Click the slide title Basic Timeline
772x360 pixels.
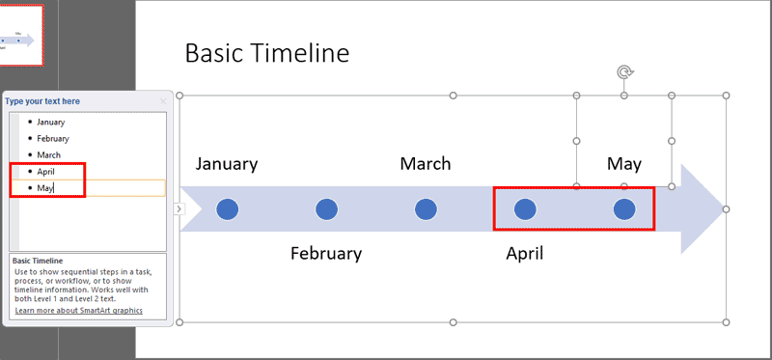(x=266, y=54)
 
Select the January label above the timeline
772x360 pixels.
(x=227, y=163)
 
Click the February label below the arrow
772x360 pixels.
(x=326, y=254)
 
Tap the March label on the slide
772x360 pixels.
(x=426, y=163)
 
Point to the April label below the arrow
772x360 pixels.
(x=525, y=254)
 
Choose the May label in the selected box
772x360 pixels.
(x=624, y=164)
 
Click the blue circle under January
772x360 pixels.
(x=227, y=208)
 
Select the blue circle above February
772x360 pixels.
(x=326, y=208)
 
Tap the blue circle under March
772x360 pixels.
(x=426, y=208)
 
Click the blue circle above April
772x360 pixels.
(x=525, y=208)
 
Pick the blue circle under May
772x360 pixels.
(x=624, y=208)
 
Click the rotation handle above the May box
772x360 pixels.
(x=624, y=72)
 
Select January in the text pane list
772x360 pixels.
(x=51, y=123)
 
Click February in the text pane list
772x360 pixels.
(x=53, y=139)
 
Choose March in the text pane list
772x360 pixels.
(x=49, y=155)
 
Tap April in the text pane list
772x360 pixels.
(x=46, y=172)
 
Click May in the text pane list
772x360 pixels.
(x=45, y=188)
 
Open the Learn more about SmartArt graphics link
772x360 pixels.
(x=78, y=311)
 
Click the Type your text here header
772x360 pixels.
(x=42, y=101)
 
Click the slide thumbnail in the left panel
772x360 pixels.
(x=21, y=36)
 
